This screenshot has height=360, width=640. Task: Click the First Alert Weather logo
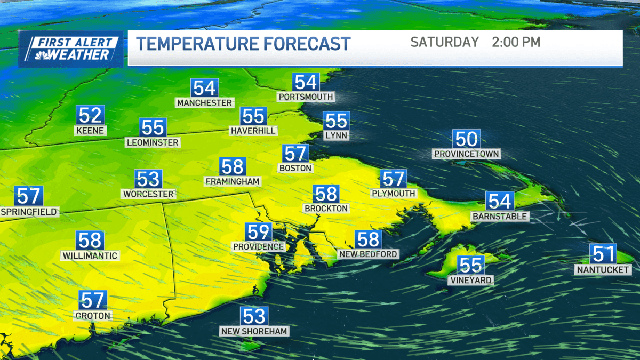point(71,49)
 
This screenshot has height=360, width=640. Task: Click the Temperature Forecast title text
point(243,44)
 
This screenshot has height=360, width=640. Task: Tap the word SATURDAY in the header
point(445,42)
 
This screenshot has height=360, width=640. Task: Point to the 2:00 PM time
point(516,42)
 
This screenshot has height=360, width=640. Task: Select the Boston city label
point(295,168)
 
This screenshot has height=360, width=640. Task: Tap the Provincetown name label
point(466,154)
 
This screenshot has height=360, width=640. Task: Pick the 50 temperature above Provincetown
point(466,139)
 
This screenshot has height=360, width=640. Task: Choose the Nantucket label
point(603,270)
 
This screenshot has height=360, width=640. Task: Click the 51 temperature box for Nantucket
point(603,253)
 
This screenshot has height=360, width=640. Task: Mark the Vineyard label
point(470,280)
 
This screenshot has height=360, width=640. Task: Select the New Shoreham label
point(254,331)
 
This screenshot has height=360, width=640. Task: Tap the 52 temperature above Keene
point(90,115)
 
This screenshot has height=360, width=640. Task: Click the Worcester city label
point(148,194)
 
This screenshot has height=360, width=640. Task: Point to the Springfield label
point(29,212)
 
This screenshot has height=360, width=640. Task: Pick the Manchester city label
point(205,102)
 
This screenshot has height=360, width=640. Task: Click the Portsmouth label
point(306,97)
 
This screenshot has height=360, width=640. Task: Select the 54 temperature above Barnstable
point(500,201)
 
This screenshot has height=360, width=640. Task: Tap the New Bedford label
point(368,254)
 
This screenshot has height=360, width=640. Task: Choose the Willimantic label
point(90,255)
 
